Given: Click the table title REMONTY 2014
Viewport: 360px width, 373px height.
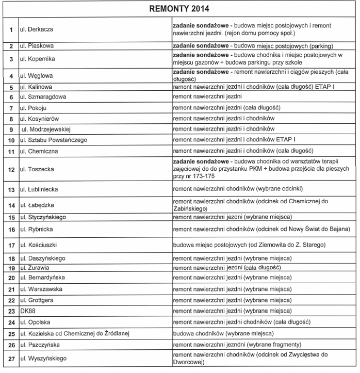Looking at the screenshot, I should pos(179,9).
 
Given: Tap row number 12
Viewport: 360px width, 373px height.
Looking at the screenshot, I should pos(10,169).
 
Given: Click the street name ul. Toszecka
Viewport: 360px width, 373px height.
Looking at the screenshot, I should pos(37,169).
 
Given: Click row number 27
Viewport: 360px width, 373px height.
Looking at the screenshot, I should pos(10,358).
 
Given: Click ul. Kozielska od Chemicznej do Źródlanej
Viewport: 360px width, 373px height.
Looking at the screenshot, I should pos(74,334).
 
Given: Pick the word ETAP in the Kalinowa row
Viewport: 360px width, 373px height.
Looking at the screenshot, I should pos(325,87).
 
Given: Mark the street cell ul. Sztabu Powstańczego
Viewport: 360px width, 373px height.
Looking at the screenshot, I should pos(54,140).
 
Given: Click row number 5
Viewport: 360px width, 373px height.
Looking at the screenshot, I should pos(10,87).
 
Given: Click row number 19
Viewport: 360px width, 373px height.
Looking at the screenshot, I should pos(10,268).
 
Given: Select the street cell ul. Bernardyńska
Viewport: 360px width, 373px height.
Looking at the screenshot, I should pos(42,278).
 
